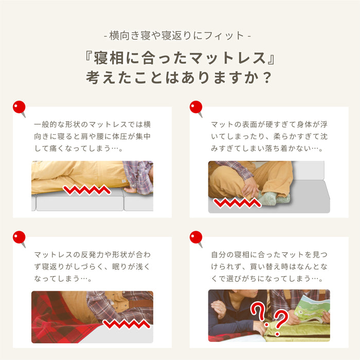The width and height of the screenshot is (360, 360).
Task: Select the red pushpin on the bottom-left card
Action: click(20, 238)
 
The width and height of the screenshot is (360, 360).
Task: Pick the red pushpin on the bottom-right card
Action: click(196, 238)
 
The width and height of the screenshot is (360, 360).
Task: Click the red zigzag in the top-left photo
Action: click(87, 190)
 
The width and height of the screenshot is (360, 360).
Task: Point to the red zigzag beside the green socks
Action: click(238, 203)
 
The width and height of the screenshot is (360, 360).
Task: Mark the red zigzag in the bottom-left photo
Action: click(127, 323)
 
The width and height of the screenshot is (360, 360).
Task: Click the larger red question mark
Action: click(259, 313)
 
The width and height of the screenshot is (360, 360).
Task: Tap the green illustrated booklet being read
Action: click(312, 309)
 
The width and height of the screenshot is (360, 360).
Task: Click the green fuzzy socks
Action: click(273, 198)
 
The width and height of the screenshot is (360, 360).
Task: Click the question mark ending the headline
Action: click(267, 78)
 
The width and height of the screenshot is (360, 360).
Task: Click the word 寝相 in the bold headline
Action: click(109, 58)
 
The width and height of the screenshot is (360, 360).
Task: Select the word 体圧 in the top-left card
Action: click(120, 136)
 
